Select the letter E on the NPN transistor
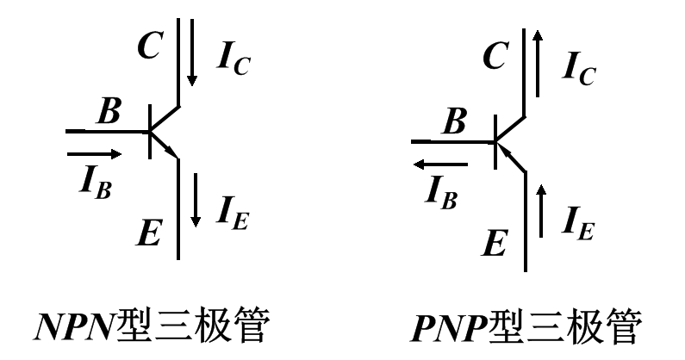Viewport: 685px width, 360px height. (x=148, y=230)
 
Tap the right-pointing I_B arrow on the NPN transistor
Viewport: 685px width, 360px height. (x=94, y=154)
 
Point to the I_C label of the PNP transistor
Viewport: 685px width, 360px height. (x=576, y=68)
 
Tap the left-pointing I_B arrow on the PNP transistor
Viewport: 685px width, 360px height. (x=439, y=164)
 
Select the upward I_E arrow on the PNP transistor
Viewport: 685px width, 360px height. (x=540, y=210)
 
